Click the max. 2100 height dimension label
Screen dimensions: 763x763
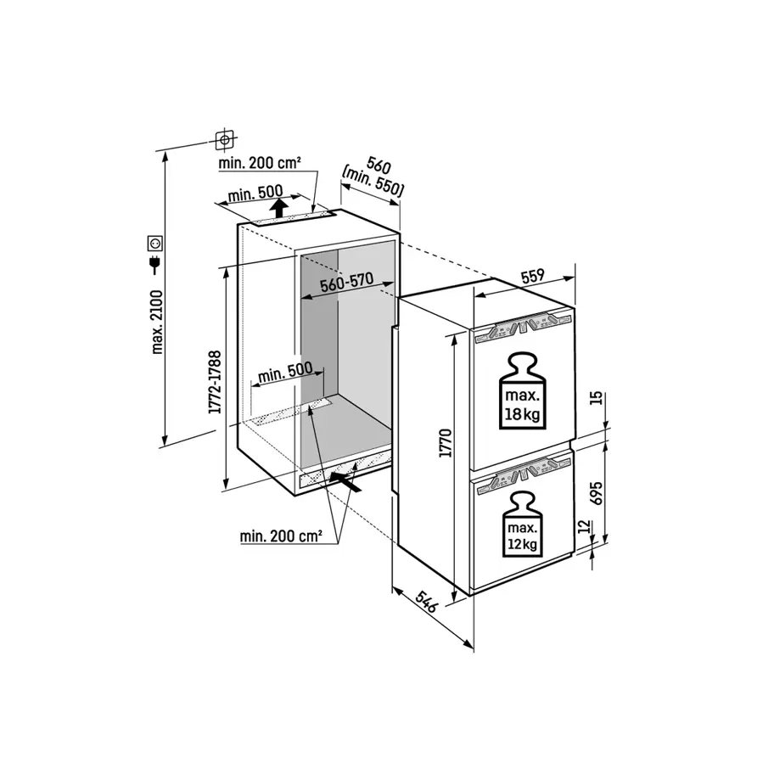point(158,319)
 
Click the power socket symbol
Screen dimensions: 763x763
point(156,244)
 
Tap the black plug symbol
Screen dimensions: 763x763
point(155,265)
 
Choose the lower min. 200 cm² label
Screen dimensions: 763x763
point(281,536)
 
